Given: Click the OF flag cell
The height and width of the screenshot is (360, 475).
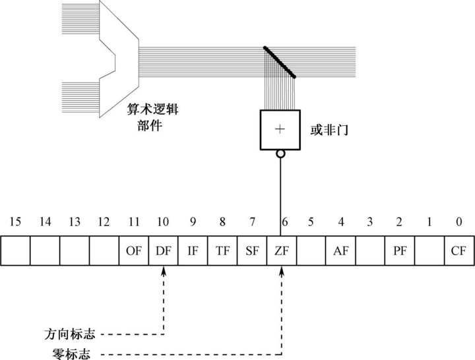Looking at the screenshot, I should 133,252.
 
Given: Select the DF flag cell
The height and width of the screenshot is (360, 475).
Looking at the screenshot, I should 162,252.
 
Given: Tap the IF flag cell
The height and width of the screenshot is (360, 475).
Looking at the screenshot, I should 192,252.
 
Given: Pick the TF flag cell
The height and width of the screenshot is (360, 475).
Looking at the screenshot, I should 222,252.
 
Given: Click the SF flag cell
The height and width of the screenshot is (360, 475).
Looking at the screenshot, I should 251,252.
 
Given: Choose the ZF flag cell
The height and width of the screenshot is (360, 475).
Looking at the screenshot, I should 281,252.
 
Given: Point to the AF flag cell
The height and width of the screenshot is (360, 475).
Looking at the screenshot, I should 340,252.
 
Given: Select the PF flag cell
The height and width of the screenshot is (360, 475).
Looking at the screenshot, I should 398,252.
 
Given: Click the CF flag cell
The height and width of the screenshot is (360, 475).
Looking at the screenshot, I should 457,252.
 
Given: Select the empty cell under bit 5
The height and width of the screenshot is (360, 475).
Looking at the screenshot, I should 310,252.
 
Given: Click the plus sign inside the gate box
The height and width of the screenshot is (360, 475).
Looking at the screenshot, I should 280,129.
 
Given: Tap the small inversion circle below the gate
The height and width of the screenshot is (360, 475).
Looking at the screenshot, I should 280,154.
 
